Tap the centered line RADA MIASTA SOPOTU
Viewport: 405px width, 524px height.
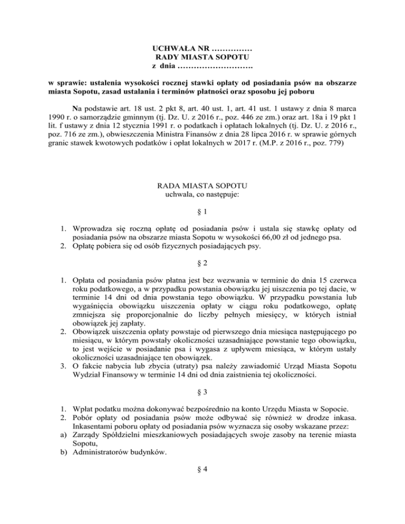click(202, 187)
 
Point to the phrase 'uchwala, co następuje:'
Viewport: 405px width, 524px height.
click(202, 196)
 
